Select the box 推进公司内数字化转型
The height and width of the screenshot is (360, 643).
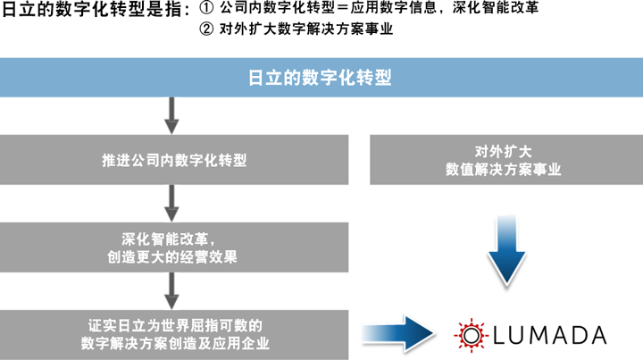pos(174,161)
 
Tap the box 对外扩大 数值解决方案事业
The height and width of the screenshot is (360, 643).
pos(505,161)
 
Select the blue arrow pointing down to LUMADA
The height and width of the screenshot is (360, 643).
pos(505,253)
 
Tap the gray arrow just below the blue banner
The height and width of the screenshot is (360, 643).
pos(174,113)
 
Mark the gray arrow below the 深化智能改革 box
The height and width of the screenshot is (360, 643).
pos(174,288)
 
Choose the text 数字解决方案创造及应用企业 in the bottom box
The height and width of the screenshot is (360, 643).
pos(175,344)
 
